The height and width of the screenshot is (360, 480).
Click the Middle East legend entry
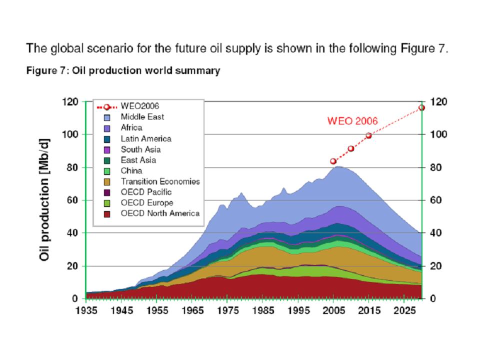[x=142, y=117]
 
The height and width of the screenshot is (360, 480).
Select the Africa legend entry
[x=131, y=128]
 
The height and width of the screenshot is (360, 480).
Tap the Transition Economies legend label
[x=160, y=181]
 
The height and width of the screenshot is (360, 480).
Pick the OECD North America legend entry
[x=160, y=213]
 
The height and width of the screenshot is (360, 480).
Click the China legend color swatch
[x=107, y=171]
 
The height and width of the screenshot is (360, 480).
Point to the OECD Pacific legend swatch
[x=107, y=192]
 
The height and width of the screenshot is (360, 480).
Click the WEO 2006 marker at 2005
[x=333, y=161]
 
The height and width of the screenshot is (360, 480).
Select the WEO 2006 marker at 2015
[x=368, y=135]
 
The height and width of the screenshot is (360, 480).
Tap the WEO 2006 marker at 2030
[x=421, y=107]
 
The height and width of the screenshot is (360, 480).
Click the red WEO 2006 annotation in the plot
[x=352, y=120]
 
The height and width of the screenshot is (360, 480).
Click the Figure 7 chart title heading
[x=123, y=71]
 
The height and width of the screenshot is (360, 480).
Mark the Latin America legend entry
[x=145, y=138]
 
